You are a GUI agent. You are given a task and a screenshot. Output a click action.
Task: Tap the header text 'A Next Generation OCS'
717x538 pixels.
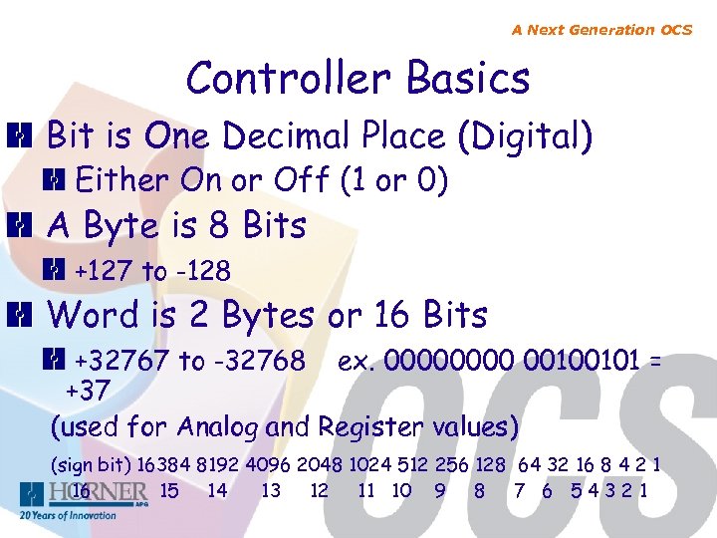601,30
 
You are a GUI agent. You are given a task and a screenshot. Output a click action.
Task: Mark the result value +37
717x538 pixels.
88,386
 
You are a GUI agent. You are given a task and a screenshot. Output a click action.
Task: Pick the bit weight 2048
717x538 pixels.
321,465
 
